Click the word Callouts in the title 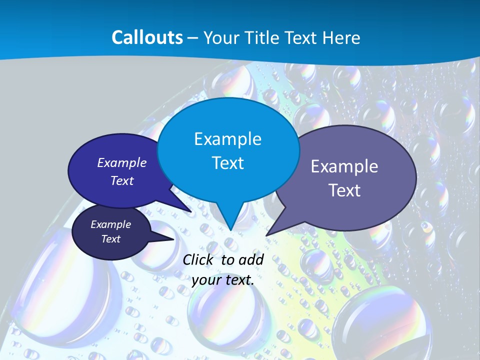click(x=147, y=37)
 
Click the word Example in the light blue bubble click(x=227, y=138)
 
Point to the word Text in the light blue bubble click(x=227, y=162)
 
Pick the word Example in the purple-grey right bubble click(x=344, y=166)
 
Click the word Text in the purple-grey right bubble click(x=344, y=190)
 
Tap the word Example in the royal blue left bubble click(x=122, y=162)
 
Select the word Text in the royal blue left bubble click(x=122, y=180)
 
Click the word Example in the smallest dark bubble click(x=111, y=224)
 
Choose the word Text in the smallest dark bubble click(x=111, y=239)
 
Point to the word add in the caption click(x=251, y=259)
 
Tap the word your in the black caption click(x=206, y=280)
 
